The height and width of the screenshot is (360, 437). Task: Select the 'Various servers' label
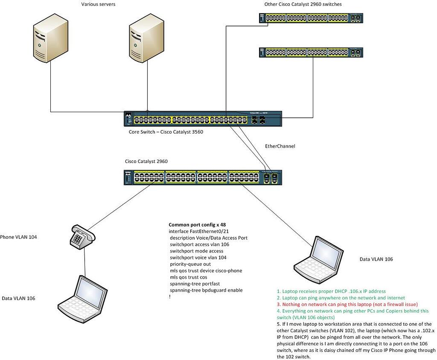pos(99,4)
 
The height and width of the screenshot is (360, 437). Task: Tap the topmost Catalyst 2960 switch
pos(311,18)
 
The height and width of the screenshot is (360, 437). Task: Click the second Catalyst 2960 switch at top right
pos(311,52)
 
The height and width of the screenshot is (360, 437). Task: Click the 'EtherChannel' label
pos(280,146)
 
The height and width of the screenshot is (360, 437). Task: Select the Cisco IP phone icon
pos(81,237)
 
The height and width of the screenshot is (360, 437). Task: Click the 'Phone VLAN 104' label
pos(18,237)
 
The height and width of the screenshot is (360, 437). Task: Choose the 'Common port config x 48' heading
pos(197,225)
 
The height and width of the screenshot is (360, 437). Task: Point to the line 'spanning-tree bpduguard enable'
pos(206,290)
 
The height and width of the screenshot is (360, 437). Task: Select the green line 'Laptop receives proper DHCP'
pos(331,291)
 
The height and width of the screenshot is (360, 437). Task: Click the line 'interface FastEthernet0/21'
pos(197,231)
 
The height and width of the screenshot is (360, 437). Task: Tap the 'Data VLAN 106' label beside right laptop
pos(376,259)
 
